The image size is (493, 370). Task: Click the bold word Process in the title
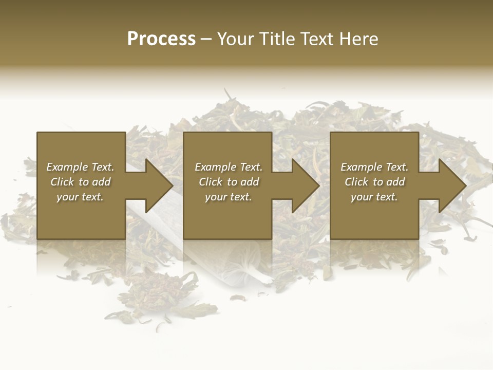point(161,39)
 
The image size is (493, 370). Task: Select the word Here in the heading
point(359,39)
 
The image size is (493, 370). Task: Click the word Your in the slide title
point(237,39)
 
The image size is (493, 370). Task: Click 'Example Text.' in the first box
point(80,167)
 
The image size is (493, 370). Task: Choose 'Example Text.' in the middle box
point(228,167)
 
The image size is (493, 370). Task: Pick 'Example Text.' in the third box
point(374,167)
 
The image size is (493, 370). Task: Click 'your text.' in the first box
point(80,197)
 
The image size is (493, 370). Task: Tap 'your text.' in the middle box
point(228,197)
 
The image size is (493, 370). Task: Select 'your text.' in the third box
point(374,197)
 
